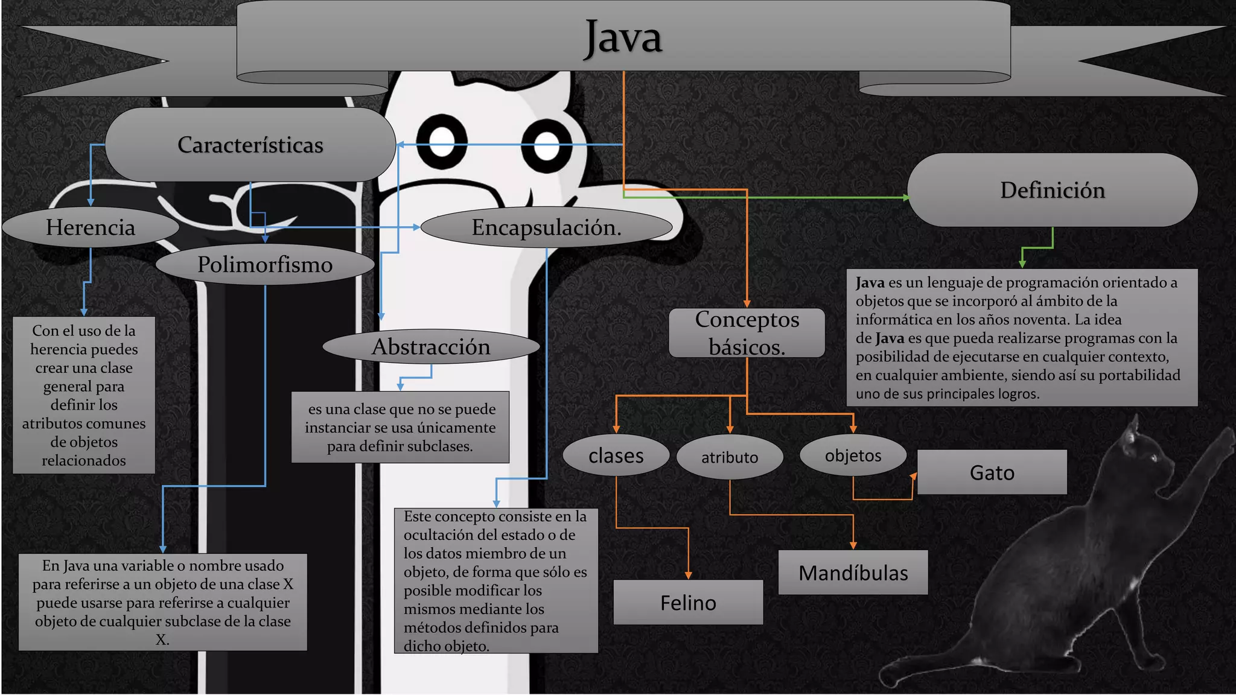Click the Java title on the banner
623,37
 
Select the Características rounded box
250,145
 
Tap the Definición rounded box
1052,190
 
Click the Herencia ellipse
91,227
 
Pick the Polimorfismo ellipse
265,264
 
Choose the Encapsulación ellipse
546,227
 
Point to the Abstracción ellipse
431,346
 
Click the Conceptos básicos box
747,333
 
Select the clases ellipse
616,455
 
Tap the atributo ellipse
730,457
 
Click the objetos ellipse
853,455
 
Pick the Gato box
992,472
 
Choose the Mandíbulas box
853,573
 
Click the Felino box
688,603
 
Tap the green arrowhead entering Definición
906,197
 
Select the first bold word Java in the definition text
870,282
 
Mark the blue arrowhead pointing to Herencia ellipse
91,202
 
